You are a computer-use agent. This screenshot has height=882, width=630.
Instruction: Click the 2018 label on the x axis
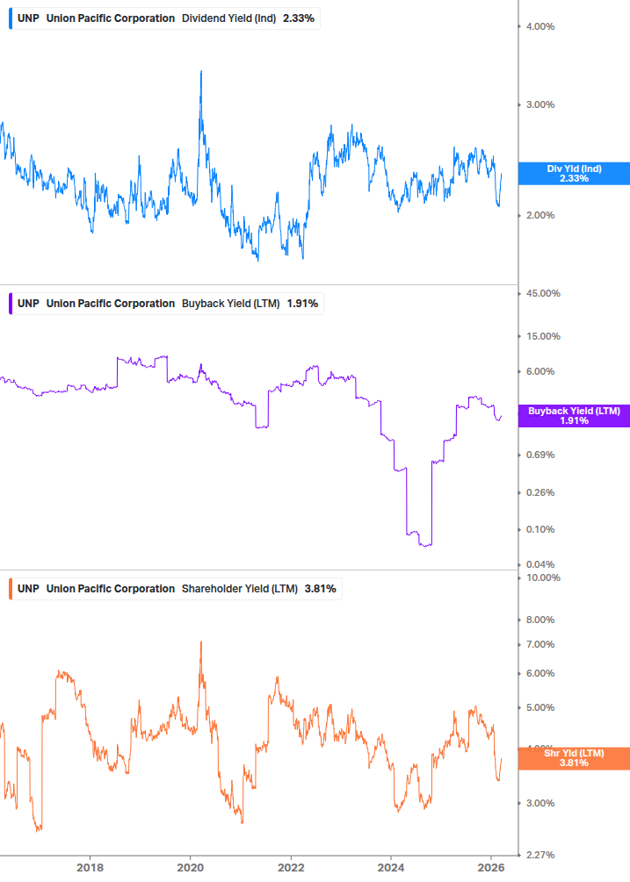tap(90, 868)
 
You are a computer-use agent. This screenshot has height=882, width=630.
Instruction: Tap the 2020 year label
tap(191, 868)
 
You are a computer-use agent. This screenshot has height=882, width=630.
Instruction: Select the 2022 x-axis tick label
tap(291, 868)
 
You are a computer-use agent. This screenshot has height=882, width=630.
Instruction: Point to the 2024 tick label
tap(391, 868)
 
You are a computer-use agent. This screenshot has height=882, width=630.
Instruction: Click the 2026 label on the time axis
tap(491, 868)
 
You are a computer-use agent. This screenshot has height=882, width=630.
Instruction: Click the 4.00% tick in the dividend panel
tap(539, 26)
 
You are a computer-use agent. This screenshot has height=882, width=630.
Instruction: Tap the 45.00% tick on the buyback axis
tap(541, 294)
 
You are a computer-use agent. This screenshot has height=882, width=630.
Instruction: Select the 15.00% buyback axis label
tap(541, 336)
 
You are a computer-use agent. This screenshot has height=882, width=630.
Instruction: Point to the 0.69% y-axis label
tap(539, 455)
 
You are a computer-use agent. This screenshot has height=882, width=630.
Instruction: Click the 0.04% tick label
tap(539, 564)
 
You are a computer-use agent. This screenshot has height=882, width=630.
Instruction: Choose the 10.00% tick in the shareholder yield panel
tap(541, 577)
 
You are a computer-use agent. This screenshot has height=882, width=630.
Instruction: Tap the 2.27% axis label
tap(539, 855)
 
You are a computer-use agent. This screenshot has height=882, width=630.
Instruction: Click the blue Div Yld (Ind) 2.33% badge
tap(573, 174)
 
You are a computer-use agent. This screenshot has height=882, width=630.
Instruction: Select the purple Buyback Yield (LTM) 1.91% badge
tap(573, 416)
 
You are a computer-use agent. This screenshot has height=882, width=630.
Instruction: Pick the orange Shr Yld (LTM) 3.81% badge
tap(573, 758)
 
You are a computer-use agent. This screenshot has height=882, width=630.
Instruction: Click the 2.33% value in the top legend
tap(299, 18)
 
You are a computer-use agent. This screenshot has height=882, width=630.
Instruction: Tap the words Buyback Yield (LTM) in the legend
tap(230, 304)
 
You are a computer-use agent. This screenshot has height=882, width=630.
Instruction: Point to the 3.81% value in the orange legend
tap(321, 588)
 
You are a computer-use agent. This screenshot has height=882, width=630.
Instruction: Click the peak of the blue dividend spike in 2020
tap(201, 71)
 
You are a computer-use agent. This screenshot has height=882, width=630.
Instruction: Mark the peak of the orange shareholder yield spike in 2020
tap(201, 642)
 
